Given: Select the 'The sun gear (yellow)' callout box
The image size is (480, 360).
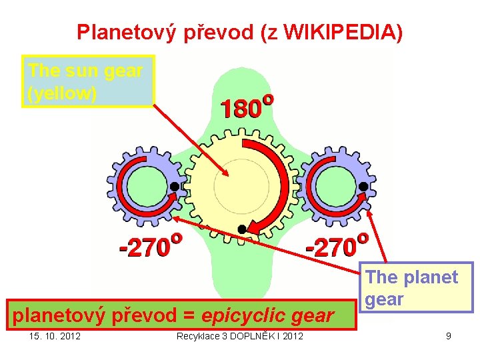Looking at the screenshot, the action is click(87, 81).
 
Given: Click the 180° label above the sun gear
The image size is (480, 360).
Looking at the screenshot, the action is click(246, 107).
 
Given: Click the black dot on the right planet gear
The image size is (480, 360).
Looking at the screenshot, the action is click(363, 186).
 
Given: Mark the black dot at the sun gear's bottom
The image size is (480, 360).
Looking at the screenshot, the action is click(242, 229).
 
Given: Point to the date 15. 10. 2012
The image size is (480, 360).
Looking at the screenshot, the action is click(55, 335).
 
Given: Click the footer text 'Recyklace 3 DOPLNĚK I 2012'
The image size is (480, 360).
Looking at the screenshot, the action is click(239, 335).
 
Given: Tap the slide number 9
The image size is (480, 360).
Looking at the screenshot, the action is click(449, 335).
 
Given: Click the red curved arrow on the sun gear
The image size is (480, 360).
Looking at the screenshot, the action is click(283, 180).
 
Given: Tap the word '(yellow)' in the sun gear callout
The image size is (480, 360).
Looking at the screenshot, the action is click(62, 93).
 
